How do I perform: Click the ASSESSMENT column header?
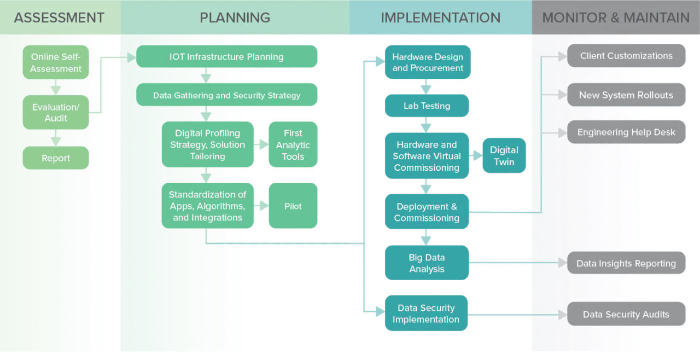click(x=59, y=18)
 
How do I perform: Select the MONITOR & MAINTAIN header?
click(x=616, y=18)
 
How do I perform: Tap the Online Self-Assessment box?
click(x=56, y=62)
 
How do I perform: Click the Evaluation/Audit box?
click(x=56, y=112)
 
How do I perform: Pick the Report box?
click(x=56, y=158)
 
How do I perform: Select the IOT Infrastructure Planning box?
click(x=226, y=57)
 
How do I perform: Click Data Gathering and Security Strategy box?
click(x=226, y=95)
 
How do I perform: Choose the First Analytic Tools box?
click(x=293, y=145)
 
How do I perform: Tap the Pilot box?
click(x=293, y=206)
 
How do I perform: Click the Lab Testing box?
click(x=427, y=106)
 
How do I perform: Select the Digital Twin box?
click(x=504, y=156)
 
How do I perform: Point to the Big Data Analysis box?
click(x=427, y=263)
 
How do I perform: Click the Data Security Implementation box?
click(x=426, y=313)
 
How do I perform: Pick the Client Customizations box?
click(x=626, y=56)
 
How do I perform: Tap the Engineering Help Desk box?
click(x=626, y=132)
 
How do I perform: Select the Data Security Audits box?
click(x=626, y=314)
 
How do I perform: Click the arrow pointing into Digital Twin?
click(x=475, y=156)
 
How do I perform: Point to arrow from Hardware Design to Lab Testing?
click(x=426, y=87)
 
